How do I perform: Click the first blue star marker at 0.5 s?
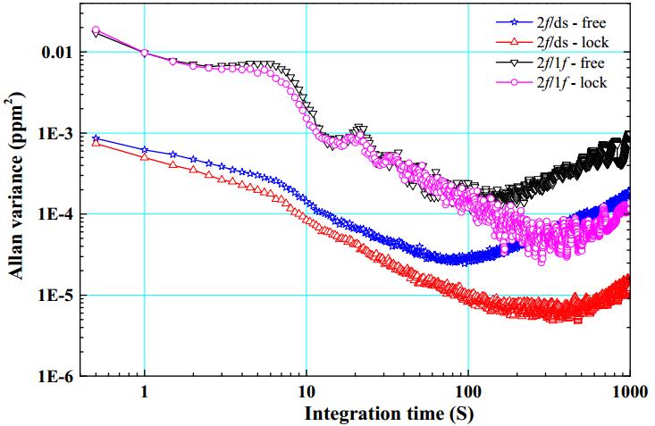97,138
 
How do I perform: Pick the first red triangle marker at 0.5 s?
97,143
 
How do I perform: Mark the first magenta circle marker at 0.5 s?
97,30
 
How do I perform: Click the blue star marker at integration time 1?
145,149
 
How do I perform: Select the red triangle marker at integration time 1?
145,157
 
